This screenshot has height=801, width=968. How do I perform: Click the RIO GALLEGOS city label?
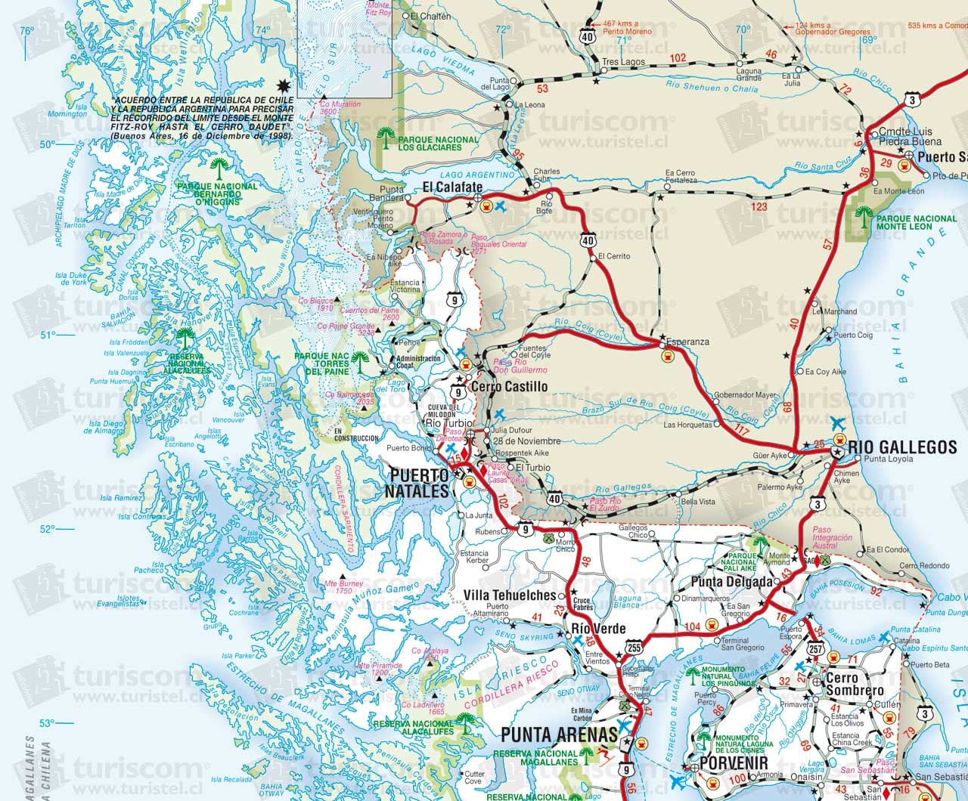pyautogui.click(x=902, y=447)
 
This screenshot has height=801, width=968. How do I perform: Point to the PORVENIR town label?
pyautogui.click(x=733, y=763)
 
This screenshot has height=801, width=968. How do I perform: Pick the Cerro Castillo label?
pyautogui.click(x=508, y=387)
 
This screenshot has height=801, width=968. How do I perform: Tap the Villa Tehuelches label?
pyautogui.click(x=509, y=595)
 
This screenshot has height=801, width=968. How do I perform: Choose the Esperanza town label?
pyautogui.click(x=687, y=342)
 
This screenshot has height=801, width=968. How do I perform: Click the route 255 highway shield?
pyautogui.click(x=634, y=648)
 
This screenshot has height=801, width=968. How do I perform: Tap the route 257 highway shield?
pyautogui.click(x=816, y=648)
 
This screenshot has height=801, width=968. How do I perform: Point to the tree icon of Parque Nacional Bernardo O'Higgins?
pyautogui.click(x=219, y=166)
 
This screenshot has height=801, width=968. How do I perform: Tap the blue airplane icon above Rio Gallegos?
pyautogui.click(x=837, y=422)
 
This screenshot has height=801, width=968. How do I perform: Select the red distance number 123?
pyautogui.click(x=759, y=206)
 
